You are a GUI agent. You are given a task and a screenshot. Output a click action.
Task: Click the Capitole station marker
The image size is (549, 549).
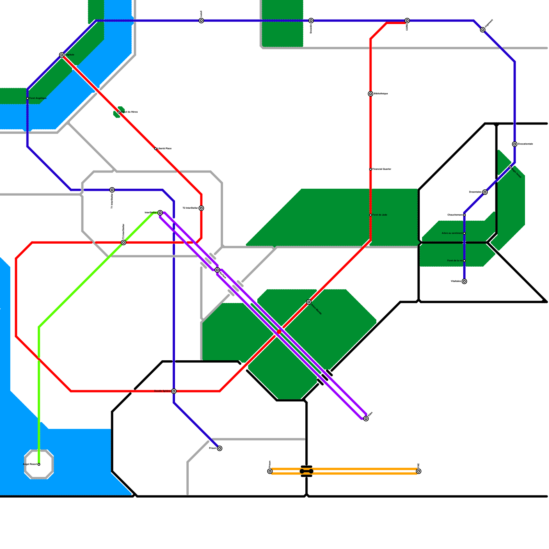coord(62,55)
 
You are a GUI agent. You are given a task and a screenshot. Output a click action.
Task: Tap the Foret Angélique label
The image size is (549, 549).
coord(38,98)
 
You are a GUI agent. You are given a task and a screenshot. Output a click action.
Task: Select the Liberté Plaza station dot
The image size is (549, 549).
coord(155,149)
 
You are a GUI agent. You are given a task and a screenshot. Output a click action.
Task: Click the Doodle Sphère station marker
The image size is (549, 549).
coord(174,391)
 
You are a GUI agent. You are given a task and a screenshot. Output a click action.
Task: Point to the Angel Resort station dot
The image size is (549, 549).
coord(39,464)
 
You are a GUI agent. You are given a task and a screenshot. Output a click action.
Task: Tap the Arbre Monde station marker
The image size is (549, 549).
coord(309,302)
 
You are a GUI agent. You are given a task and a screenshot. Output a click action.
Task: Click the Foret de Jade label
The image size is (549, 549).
coord(380,215)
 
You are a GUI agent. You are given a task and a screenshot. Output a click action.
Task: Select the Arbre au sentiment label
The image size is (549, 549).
coord(452,233)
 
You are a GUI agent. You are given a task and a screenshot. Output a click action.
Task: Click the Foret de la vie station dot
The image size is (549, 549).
coord(464,261)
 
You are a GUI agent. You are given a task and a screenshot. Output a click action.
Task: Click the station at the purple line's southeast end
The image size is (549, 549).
coord(366,419)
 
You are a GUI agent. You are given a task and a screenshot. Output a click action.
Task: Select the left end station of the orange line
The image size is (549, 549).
coord(270,471)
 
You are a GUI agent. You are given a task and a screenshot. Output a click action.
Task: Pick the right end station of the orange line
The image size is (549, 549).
coord(419,471)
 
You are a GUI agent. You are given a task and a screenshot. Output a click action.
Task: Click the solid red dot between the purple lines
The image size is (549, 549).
coord(279,332)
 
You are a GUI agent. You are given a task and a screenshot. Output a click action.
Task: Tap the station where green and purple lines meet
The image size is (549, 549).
coord(160,213)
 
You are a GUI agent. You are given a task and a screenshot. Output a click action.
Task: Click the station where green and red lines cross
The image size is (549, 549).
coord(124,243)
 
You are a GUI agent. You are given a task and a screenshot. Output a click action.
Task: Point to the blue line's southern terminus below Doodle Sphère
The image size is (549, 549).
coord(220,448)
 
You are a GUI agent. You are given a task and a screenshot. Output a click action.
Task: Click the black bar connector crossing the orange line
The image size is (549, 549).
coord(306,471)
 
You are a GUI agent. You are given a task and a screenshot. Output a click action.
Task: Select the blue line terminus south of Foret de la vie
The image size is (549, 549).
coord(464,281)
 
